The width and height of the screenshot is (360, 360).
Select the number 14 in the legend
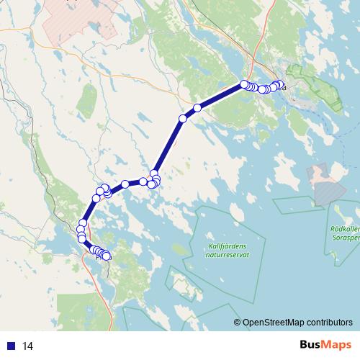[27, 346]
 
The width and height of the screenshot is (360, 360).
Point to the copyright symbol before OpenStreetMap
[237, 323]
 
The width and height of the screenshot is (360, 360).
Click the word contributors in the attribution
[331, 323]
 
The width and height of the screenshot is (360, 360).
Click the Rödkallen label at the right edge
[344, 229]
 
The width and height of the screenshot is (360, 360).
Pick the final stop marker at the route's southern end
[107, 256]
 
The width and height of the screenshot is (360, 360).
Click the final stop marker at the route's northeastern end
[279, 84]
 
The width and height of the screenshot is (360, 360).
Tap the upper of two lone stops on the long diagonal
[197, 108]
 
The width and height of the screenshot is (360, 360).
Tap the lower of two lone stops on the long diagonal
[183, 118]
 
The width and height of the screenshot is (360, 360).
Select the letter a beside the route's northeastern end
[284, 88]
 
